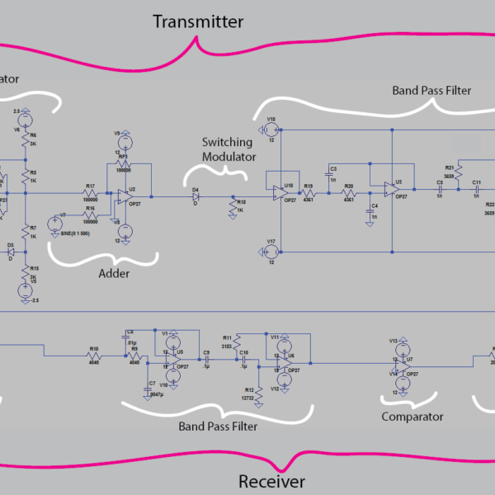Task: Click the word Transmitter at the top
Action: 197,21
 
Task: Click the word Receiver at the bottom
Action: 271,482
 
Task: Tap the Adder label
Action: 115,271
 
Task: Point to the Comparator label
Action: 412,417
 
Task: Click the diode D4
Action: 196,197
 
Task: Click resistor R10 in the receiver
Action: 94,356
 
